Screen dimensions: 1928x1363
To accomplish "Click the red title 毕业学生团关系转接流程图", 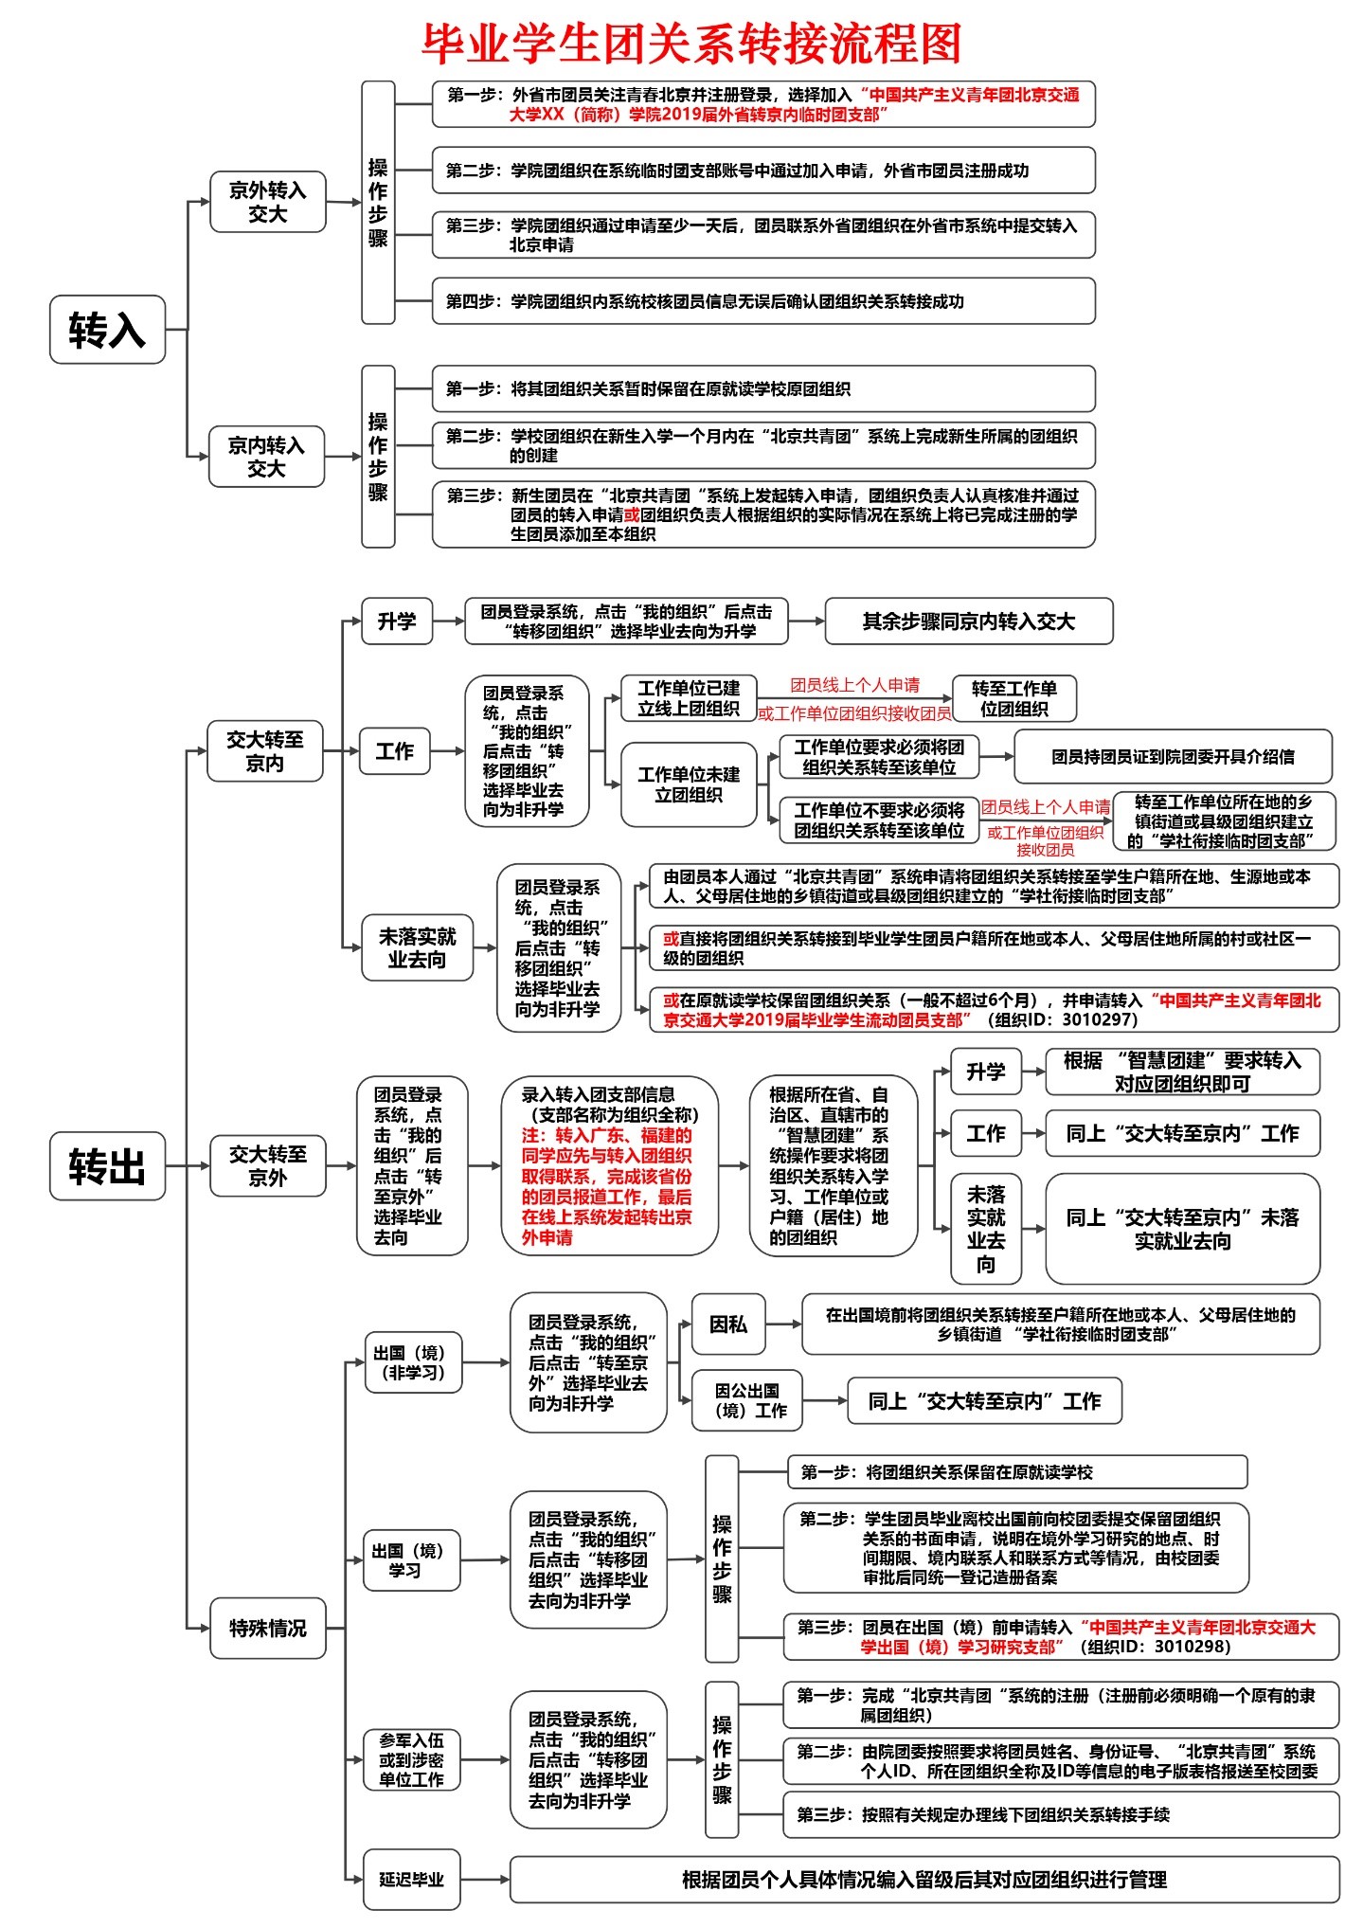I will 691,43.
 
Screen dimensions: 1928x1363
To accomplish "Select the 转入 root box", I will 107,330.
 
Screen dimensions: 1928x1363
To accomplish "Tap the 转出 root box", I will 107,1165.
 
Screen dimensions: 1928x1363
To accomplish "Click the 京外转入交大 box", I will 267,202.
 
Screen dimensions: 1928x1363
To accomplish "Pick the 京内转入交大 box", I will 266,457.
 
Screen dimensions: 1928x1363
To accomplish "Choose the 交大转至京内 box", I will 264,751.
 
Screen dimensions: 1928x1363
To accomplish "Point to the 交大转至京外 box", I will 267,1165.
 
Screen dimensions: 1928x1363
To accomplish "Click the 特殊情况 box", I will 267,1628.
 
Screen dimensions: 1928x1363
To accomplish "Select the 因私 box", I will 727,1324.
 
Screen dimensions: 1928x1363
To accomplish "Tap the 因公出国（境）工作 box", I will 747,1400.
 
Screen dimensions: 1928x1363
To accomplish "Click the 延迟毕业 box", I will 411,1880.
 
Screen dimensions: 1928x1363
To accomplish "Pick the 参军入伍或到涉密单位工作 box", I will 411,1760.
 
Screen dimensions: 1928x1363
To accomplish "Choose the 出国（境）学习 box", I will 411,1560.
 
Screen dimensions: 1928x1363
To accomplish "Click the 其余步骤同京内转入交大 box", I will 968,622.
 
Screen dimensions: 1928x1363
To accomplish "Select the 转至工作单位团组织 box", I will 1013,698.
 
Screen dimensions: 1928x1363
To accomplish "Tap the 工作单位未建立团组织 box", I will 689,785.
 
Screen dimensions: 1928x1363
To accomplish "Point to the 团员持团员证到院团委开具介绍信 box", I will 1172,756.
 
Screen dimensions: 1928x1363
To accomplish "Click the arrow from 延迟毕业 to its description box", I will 485,1880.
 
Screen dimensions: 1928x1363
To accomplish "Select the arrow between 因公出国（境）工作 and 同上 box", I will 824,1400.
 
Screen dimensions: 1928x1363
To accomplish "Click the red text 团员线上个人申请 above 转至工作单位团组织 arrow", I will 854,685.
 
